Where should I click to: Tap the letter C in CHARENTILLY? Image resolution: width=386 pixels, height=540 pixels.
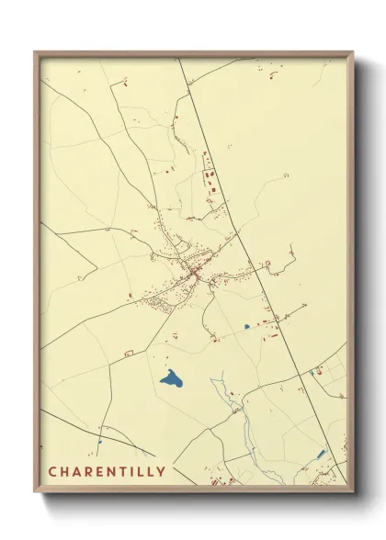point(52,472)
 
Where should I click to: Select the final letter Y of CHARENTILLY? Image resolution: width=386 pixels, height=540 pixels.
point(162,472)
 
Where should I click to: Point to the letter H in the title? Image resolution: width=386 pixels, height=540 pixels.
point(64,472)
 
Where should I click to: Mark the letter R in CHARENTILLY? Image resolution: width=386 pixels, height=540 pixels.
point(87,472)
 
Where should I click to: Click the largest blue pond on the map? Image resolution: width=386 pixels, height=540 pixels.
point(170,377)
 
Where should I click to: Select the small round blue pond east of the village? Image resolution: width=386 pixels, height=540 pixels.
point(246,326)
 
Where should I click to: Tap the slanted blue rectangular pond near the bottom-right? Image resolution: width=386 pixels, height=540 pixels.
point(320,454)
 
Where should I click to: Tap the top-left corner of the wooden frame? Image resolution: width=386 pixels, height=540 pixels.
point(36,53)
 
